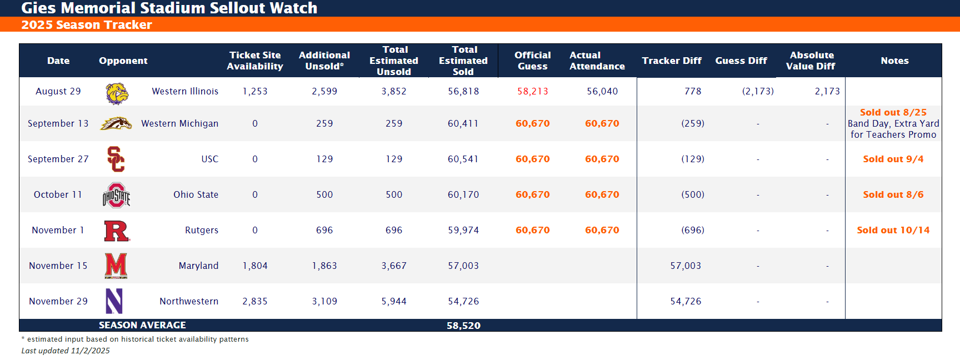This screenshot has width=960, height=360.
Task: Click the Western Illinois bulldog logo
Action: point(117,93)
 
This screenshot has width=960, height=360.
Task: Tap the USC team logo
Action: point(116,159)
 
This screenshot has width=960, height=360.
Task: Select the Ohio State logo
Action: point(116,195)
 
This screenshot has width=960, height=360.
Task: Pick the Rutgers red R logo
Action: point(117,231)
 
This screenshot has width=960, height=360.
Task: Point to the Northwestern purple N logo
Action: point(114,301)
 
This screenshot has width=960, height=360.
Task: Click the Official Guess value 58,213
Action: point(532,92)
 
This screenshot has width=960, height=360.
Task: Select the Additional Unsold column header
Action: point(324,61)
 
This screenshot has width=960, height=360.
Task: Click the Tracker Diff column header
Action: point(671,61)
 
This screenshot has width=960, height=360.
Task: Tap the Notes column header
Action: point(894,61)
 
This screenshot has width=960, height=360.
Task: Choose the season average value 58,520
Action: point(463,326)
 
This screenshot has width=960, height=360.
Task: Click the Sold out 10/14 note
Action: point(893,230)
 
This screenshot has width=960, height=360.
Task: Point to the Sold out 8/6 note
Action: point(893,194)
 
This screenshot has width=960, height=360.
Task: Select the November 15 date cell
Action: point(58,266)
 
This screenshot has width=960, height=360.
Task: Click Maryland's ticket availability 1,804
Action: point(255,266)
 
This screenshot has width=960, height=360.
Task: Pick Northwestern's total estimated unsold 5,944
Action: point(394,301)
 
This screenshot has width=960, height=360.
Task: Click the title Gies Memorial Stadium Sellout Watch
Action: point(169,8)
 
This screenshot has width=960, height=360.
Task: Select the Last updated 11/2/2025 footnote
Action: point(66,351)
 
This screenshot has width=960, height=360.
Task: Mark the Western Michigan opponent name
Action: point(179,123)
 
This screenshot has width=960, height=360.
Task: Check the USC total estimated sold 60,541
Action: point(463,159)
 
